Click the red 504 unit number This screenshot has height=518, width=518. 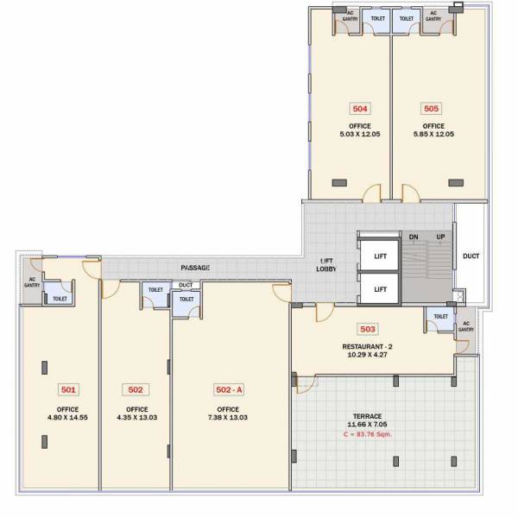(360, 109)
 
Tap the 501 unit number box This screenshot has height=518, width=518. (68, 389)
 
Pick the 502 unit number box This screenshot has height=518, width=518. (136, 389)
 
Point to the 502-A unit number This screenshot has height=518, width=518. (229, 389)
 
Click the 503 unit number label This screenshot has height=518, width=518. (367, 329)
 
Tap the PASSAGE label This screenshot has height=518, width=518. (195, 268)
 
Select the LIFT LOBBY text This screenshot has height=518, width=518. (327, 265)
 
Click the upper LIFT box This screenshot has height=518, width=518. (380, 256)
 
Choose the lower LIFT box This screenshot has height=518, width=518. (380, 289)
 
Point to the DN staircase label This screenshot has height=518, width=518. (414, 237)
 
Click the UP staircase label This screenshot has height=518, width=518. (440, 237)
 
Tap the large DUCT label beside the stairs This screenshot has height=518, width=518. (471, 256)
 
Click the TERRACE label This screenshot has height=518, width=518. (367, 416)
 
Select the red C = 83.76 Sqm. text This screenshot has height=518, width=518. (367, 434)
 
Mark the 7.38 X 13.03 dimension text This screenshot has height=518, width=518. (229, 419)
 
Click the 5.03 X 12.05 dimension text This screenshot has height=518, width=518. (360, 135)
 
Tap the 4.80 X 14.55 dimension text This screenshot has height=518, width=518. (68, 419)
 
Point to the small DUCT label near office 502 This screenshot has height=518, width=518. (186, 285)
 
